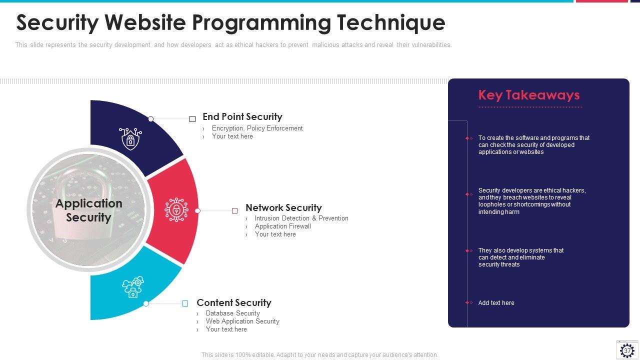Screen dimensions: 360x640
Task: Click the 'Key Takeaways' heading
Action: pyautogui.click(x=529, y=95)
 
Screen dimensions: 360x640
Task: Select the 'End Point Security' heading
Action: pyautogui.click(x=242, y=116)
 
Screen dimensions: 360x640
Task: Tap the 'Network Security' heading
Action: pyautogui.click(x=283, y=207)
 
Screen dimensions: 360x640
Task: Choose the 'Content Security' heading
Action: pyautogui.click(x=234, y=302)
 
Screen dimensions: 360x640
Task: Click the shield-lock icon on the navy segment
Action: pyautogui.click(x=130, y=138)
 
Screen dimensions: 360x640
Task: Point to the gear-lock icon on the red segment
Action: pyautogui.click(x=176, y=209)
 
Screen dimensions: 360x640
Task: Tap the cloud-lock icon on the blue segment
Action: pyautogui.click(x=133, y=287)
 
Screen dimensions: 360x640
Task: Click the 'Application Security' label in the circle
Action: pyautogui.click(x=89, y=210)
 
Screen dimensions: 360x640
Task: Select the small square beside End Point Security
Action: pyautogui.click(x=192, y=119)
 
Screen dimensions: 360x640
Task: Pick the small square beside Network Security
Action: pyautogui.click(x=235, y=211)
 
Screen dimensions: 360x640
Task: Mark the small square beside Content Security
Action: pyautogui.click(x=185, y=303)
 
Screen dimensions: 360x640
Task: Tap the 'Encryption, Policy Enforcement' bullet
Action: pyautogui.click(x=257, y=128)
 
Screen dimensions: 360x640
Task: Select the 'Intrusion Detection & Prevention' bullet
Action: pyautogui.click(x=301, y=218)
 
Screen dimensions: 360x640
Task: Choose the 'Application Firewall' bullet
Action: pyautogui.click(x=283, y=226)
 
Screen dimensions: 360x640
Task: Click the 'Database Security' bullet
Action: pyautogui.click(x=233, y=313)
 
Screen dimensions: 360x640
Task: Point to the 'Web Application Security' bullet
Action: pyautogui.click(x=242, y=321)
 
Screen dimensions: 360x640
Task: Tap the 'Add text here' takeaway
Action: pyautogui.click(x=496, y=303)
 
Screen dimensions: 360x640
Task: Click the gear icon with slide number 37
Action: pyautogui.click(x=627, y=349)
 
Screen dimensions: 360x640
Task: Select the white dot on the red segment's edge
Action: pyautogui.click(x=197, y=211)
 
